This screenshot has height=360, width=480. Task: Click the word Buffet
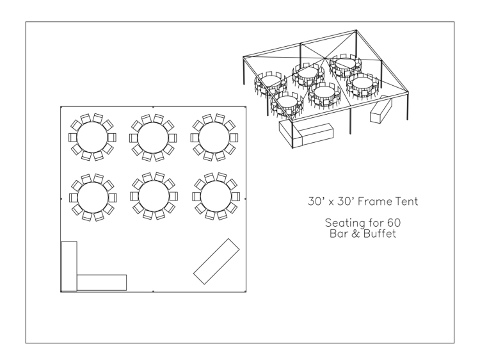[380, 234]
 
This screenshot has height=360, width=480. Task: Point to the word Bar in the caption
[337, 234]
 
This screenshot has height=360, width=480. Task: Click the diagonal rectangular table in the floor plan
[216, 261]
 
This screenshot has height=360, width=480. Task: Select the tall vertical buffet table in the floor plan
[69, 266]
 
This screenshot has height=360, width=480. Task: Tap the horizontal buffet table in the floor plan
[102, 282]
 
